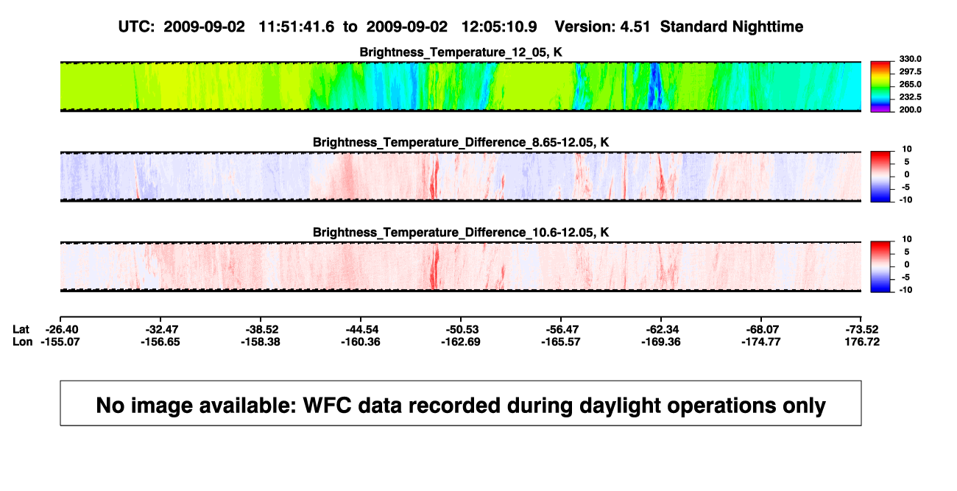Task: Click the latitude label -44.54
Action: (x=361, y=330)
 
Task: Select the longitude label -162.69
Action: (x=461, y=342)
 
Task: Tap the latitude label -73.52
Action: (x=862, y=330)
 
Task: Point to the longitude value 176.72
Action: (x=862, y=342)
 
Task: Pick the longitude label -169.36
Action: (x=661, y=342)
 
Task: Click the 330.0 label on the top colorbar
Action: (x=910, y=59)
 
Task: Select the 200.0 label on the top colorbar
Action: (x=910, y=110)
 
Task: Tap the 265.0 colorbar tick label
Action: (x=910, y=84)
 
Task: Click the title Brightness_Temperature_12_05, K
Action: (x=461, y=52)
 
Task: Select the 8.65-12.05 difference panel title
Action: (x=461, y=142)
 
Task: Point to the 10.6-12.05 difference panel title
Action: (x=461, y=233)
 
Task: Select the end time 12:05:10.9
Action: (x=499, y=27)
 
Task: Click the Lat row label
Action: (x=21, y=330)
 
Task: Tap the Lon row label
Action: (x=22, y=342)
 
